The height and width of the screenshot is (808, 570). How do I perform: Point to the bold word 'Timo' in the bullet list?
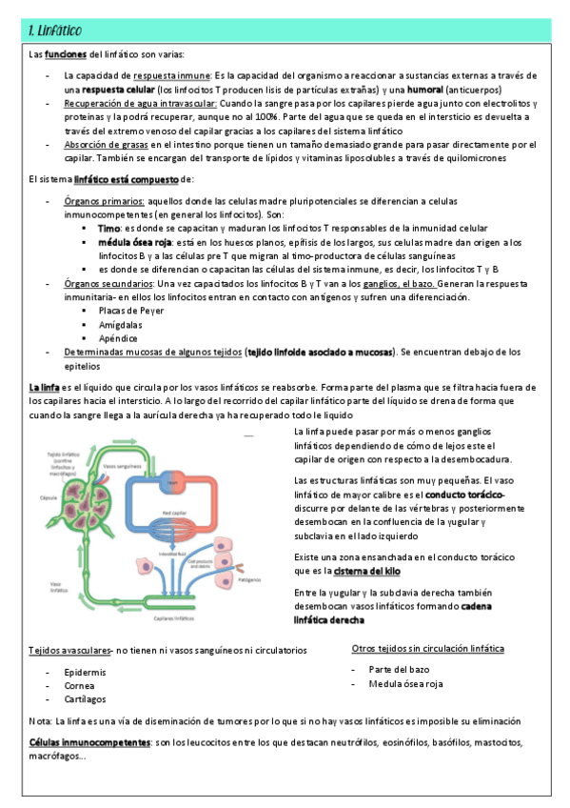108,229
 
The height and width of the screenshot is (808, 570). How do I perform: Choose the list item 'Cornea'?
79,684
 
